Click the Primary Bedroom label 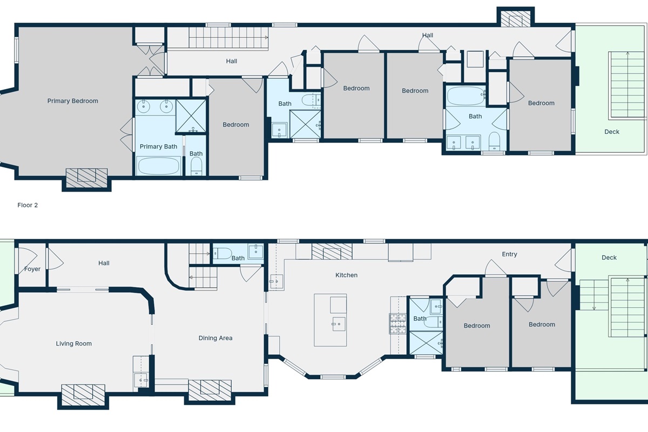pos(73,101)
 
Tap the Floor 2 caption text pos(28,205)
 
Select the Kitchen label pos(346,275)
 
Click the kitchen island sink pos(339,324)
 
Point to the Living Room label pos(73,343)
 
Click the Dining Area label pos(215,338)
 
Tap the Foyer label pos(32,269)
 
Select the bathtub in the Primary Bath pos(159,165)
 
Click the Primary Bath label pos(158,146)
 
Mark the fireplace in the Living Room pos(83,392)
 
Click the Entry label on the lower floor pos(509,254)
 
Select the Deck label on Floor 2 pos(612,132)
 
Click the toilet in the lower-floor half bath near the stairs pos(222,252)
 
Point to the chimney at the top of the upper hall pos(515,19)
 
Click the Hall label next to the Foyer pos(104,263)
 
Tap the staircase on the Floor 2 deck pos(627,85)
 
